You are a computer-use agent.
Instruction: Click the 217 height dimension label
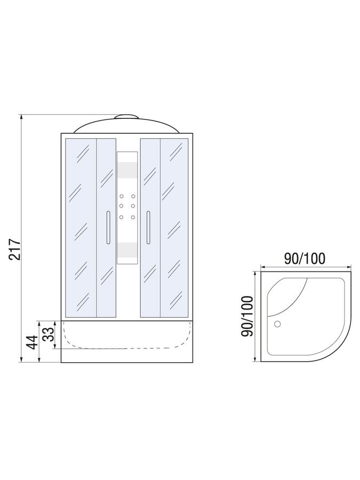(15, 249)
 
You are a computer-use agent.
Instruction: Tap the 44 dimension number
(33, 342)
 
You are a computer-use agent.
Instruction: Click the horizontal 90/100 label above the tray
(305, 259)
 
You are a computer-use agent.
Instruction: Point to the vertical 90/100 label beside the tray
(247, 316)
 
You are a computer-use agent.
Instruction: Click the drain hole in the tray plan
(277, 324)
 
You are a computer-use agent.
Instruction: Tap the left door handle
(108, 227)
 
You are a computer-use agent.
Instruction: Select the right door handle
(148, 227)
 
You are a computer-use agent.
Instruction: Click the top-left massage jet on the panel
(122, 196)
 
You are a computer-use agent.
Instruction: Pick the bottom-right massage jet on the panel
(133, 218)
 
